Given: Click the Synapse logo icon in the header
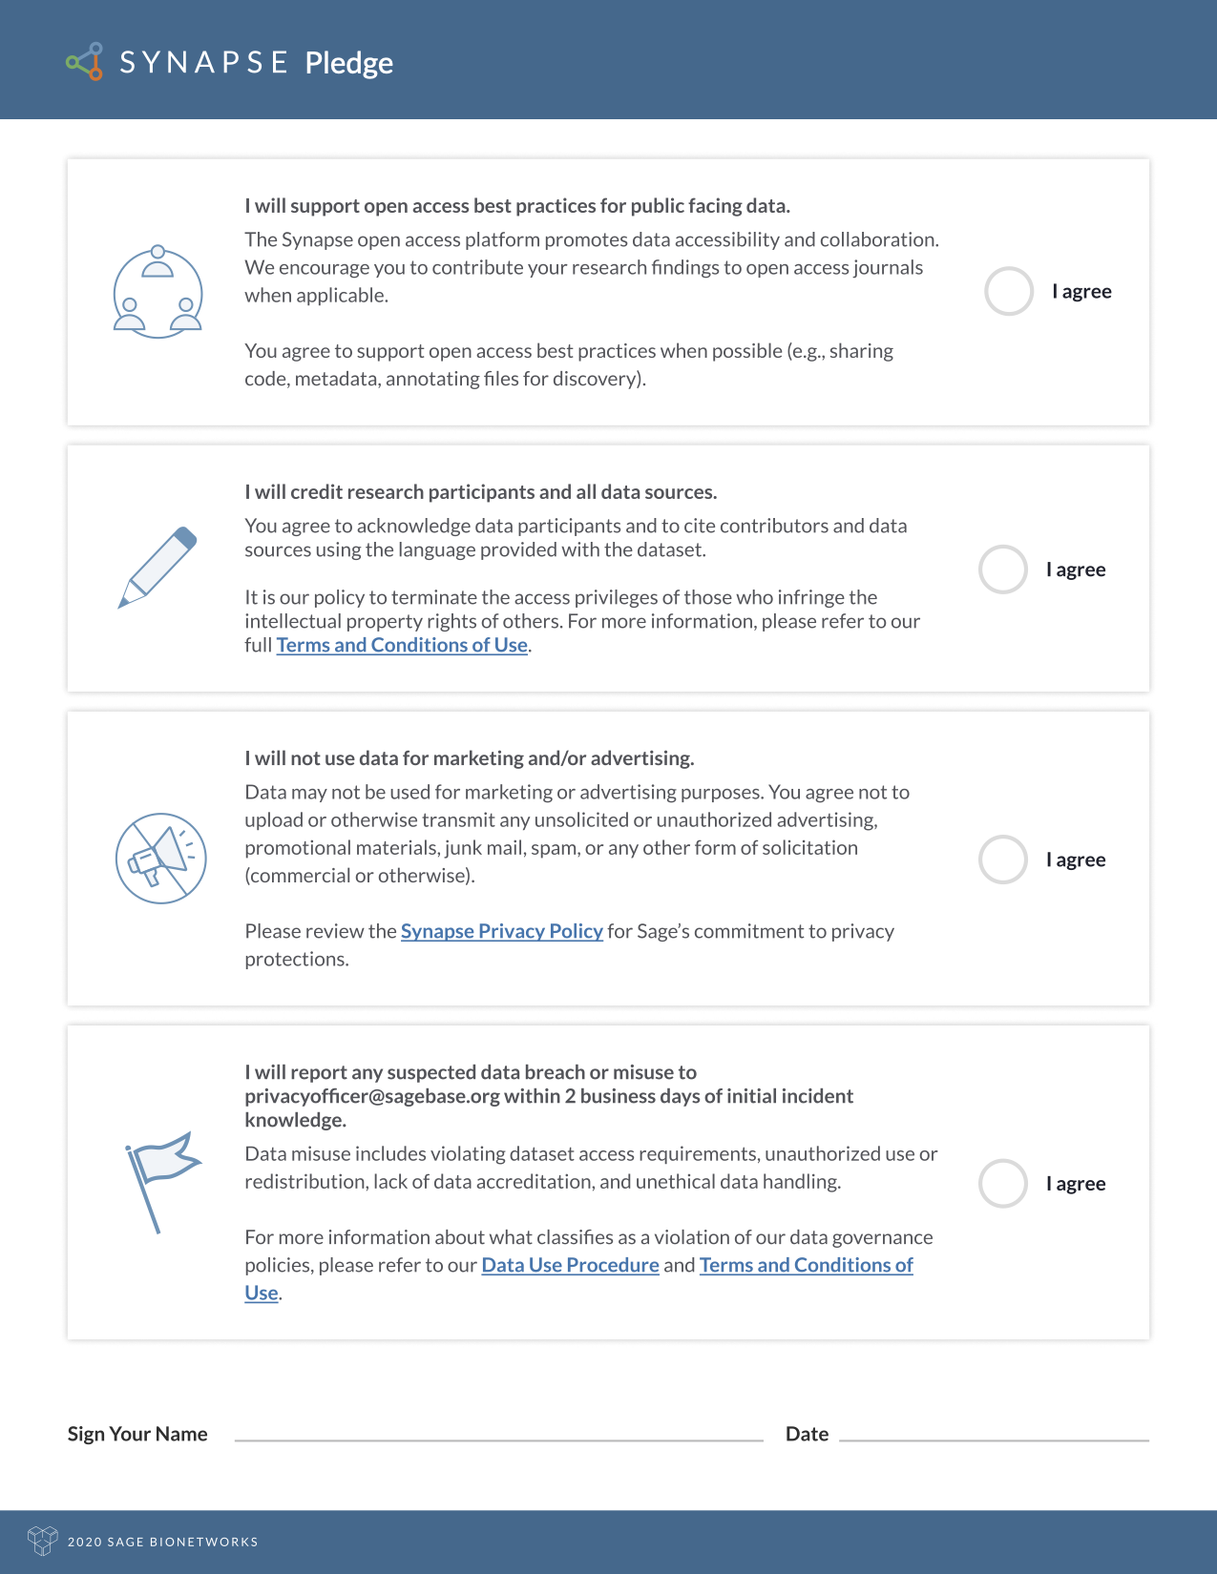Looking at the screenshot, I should click(x=85, y=62).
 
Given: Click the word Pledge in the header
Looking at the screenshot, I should click(x=348, y=63).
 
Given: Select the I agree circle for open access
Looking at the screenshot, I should click(x=1009, y=291).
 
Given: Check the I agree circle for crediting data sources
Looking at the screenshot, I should click(x=1003, y=570).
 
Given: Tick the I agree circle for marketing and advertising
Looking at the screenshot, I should click(x=1003, y=859).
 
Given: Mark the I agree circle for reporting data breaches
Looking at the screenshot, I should click(x=1003, y=1184).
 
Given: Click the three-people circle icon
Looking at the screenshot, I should click(x=158, y=292).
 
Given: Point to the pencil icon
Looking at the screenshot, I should click(x=157, y=567).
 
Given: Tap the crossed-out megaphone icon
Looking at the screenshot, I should click(x=161, y=859).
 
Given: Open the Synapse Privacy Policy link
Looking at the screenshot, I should click(x=501, y=931).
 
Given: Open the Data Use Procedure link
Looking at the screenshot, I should click(x=570, y=1265).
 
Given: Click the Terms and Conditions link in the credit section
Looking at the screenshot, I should click(x=402, y=645).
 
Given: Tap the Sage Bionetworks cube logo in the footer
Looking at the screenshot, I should click(x=43, y=1541).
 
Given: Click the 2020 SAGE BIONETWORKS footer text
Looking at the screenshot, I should click(x=163, y=1542).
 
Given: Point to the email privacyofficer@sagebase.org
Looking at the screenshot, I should click(x=372, y=1096).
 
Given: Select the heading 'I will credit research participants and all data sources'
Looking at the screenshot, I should click(x=480, y=492).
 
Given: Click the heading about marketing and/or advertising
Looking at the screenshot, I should click(x=469, y=758).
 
